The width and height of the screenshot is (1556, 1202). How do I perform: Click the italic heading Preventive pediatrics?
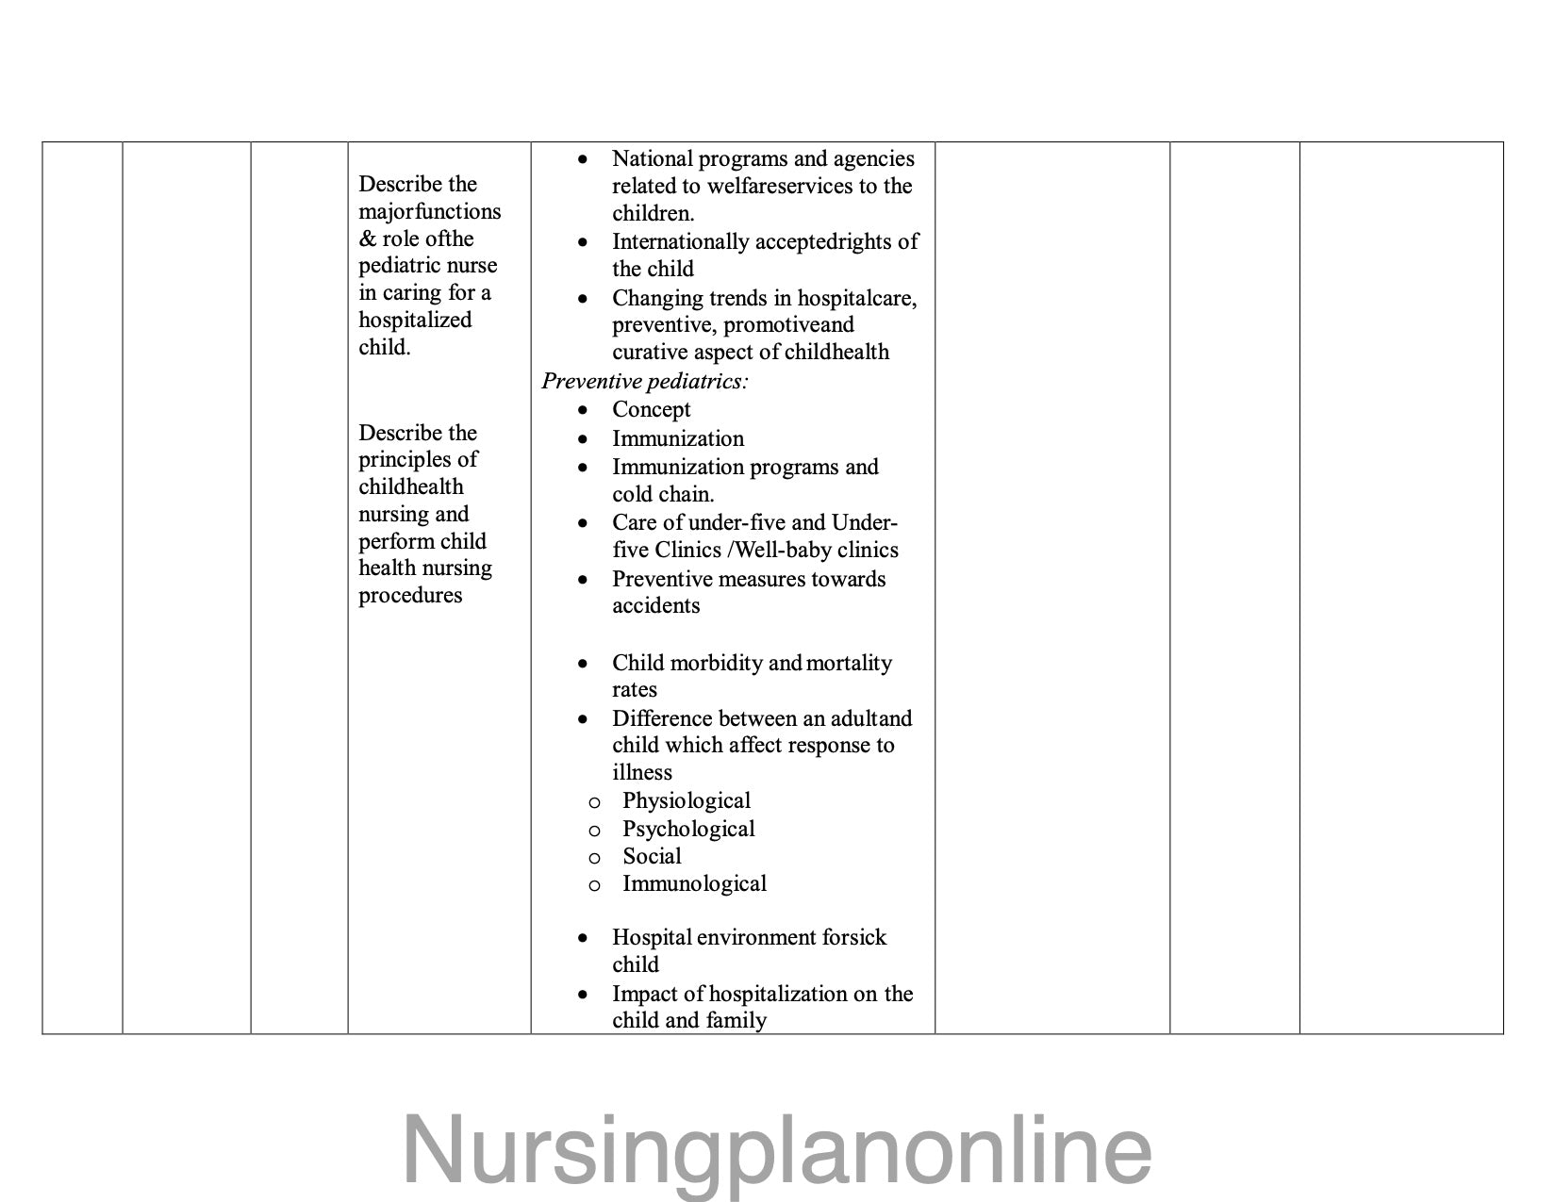[644, 381]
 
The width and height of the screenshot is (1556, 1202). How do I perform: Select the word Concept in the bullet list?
[651, 409]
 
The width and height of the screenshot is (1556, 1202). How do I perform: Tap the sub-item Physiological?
[686, 800]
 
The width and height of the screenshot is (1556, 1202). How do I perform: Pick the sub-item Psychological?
[688, 829]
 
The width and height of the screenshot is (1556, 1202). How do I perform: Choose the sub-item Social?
[652, 856]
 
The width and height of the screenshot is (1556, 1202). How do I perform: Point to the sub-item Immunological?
[694, 883]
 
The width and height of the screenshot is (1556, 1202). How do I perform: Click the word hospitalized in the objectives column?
[415, 320]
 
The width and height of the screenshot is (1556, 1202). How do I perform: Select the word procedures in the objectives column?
[410, 595]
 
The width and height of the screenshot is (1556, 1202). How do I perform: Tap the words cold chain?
[663, 494]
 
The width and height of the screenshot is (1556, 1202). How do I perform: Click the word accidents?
[655, 605]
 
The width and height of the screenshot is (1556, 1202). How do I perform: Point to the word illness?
[642, 772]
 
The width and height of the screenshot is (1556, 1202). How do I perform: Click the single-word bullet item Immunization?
[677, 438]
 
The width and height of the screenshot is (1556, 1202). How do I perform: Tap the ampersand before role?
[367, 239]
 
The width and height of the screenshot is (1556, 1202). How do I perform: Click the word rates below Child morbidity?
[634, 689]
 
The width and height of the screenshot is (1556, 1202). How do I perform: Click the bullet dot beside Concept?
[584, 410]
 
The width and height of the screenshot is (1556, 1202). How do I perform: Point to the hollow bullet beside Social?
[594, 858]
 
